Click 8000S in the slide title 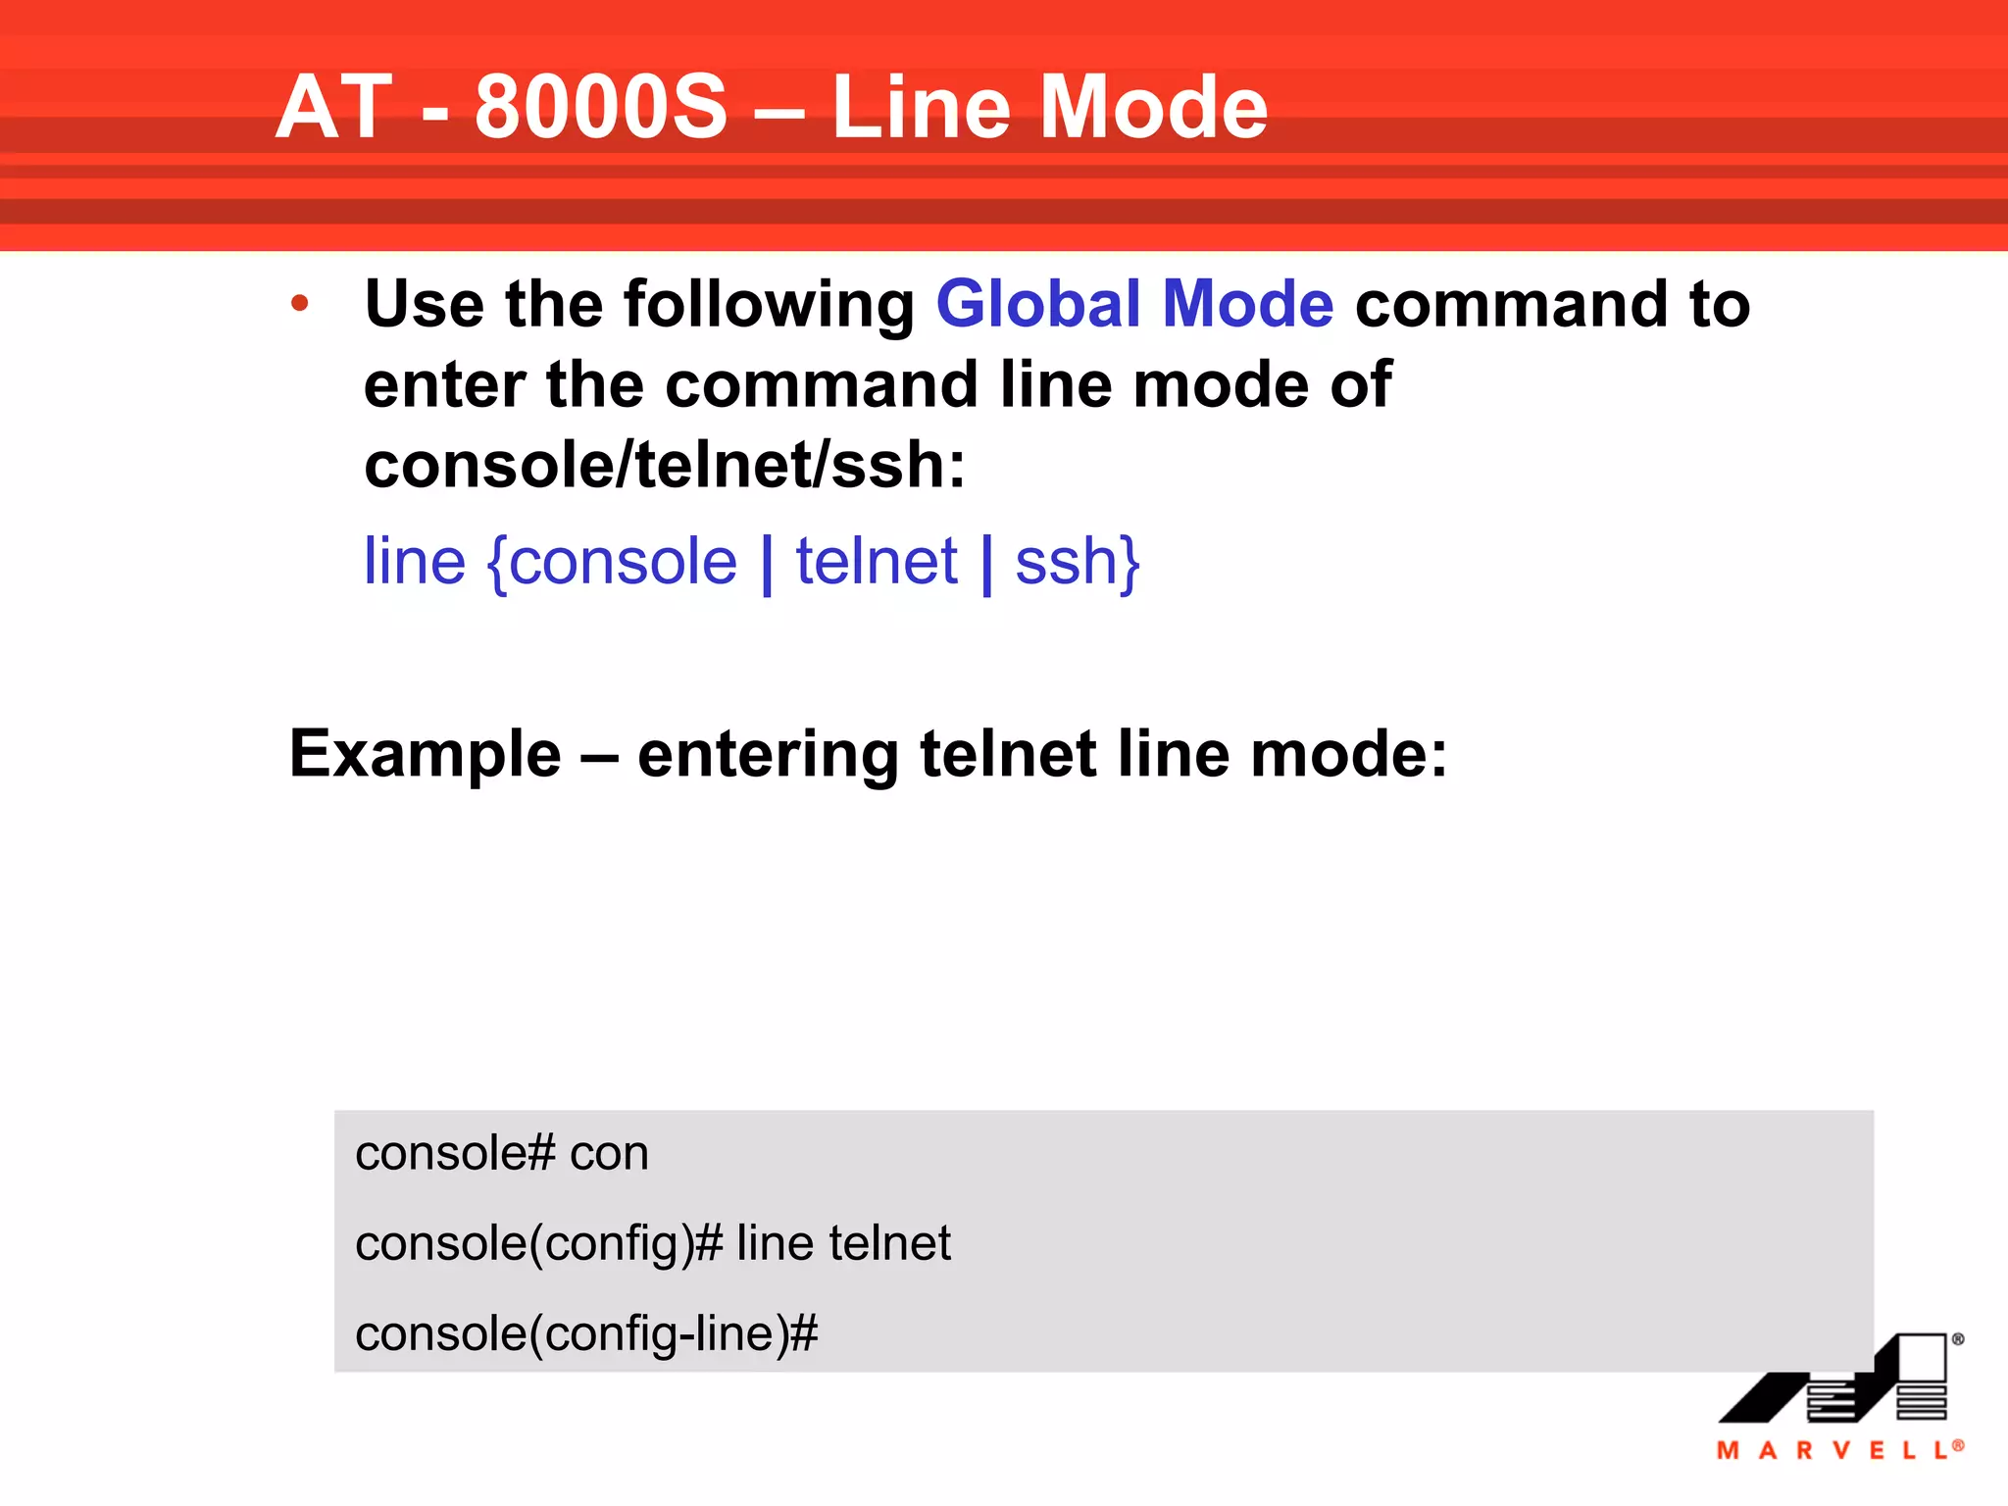(601, 108)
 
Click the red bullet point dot (300, 304)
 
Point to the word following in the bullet (769, 306)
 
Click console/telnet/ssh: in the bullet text (665, 465)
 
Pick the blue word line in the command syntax (415, 562)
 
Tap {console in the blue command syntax (612, 562)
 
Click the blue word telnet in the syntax (877, 562)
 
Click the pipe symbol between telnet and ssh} (986, 564)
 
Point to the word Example (426, 754)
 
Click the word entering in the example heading (768, 756)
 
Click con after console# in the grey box (609, 1153)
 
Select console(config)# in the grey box (538, 1244)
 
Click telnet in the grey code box (889, 1243)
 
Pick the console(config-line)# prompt (586, 1334)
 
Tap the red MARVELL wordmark (1837, 1450)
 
